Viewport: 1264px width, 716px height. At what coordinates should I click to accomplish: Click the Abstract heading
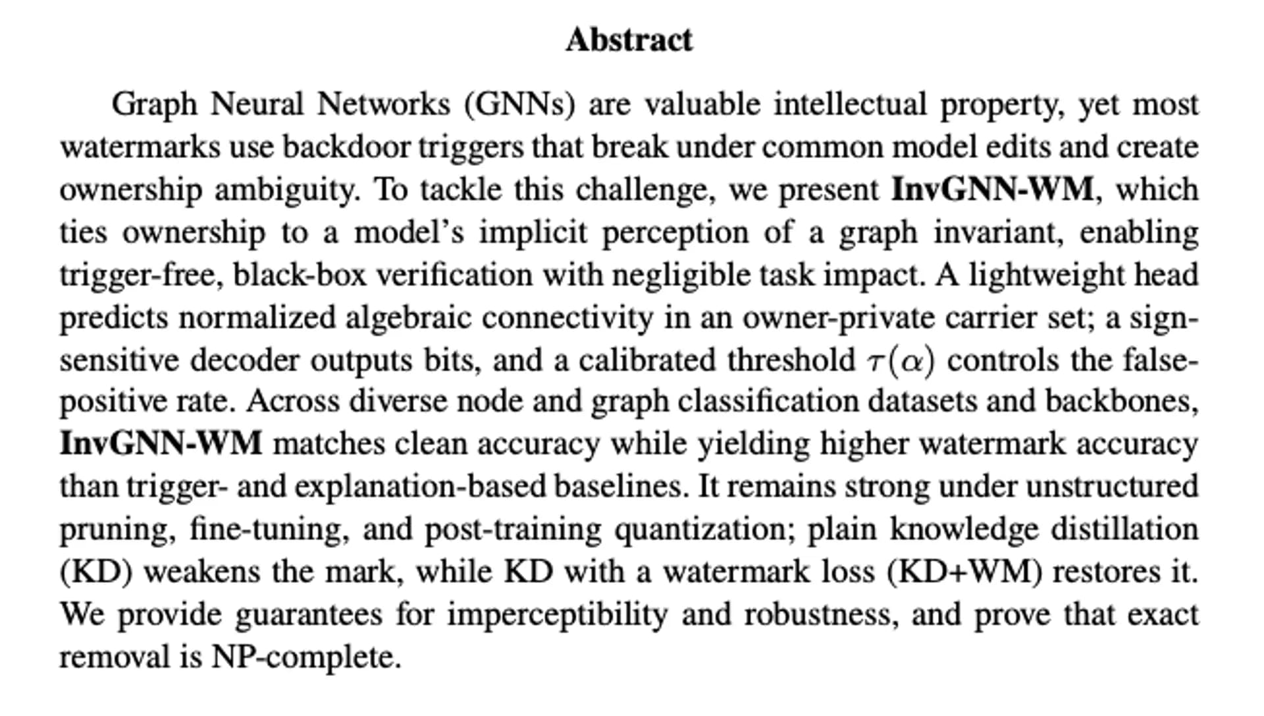click(x=629, y=40)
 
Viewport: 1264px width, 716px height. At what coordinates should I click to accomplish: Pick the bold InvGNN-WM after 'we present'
click(x=992, y=190)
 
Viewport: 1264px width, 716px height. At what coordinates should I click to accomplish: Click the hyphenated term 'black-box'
click(x=300, y=275)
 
